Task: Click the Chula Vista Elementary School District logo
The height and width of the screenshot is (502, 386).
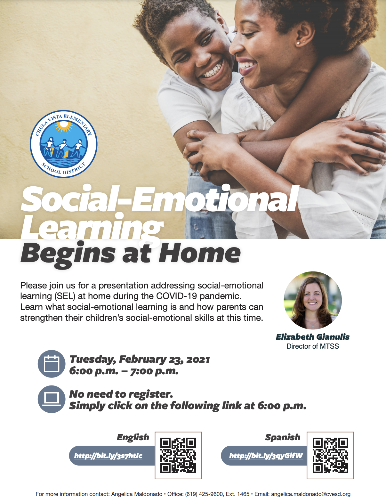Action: click(x=63, y=144)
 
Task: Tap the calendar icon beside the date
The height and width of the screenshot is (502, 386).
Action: click(x=52, y=364)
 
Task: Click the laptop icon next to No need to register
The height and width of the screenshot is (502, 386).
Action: click(x=52, y=399)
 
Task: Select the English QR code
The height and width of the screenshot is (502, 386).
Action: click(x=178, y=455)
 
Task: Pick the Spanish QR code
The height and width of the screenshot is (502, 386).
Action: click(x=330, y=455)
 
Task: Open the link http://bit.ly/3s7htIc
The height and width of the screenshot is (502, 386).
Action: click(x=108, y=456)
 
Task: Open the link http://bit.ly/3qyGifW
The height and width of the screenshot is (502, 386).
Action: click(x=266, y=456)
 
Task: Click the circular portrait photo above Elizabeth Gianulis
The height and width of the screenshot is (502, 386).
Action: click(x=313, y=300)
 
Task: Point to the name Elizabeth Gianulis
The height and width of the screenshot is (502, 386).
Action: click(x=313, y=337)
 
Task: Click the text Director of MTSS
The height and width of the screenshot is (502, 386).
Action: click(x=313, y=346)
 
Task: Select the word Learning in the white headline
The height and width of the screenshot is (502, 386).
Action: click(x=91, y=228)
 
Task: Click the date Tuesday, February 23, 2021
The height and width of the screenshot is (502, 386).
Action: click(x=140, y=360)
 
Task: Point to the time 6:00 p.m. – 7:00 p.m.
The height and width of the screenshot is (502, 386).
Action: click(x=124, y=371)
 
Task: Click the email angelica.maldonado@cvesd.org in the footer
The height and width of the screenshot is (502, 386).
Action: click(x=311, y=494)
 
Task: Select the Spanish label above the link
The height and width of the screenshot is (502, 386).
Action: click(x=283, y=437)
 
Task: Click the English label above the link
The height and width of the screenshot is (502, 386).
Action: click(x=133, y=437)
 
